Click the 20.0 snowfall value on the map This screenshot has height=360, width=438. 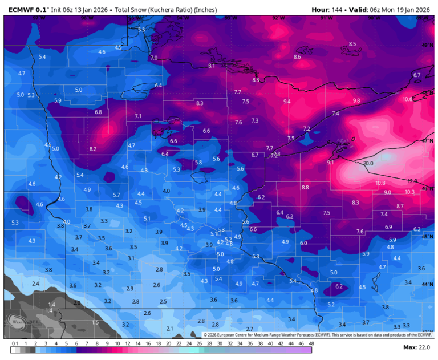(x=368, y=163)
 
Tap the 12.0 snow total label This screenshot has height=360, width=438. (x=412, y=181)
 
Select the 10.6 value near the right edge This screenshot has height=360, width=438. (x=407, y=99)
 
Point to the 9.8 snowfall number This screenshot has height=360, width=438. (x=356, y=100)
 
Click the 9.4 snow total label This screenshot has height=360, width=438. (x=287, y=102)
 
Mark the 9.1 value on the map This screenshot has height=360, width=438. (x=330, y=163)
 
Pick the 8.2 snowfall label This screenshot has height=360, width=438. (x=93, y=149)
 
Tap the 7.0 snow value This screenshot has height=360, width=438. (x=153, y=58)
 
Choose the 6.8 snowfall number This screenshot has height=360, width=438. (x=98, y=112)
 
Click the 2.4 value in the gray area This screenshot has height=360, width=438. (x=35, y=284)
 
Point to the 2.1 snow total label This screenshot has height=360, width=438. (x=169, y=329)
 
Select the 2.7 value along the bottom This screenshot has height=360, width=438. (x=249, y=329)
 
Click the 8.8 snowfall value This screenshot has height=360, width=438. (x=305, y=187)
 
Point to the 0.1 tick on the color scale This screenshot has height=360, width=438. (x=15, y=343)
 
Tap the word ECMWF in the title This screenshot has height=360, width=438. (x=21, y=10)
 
